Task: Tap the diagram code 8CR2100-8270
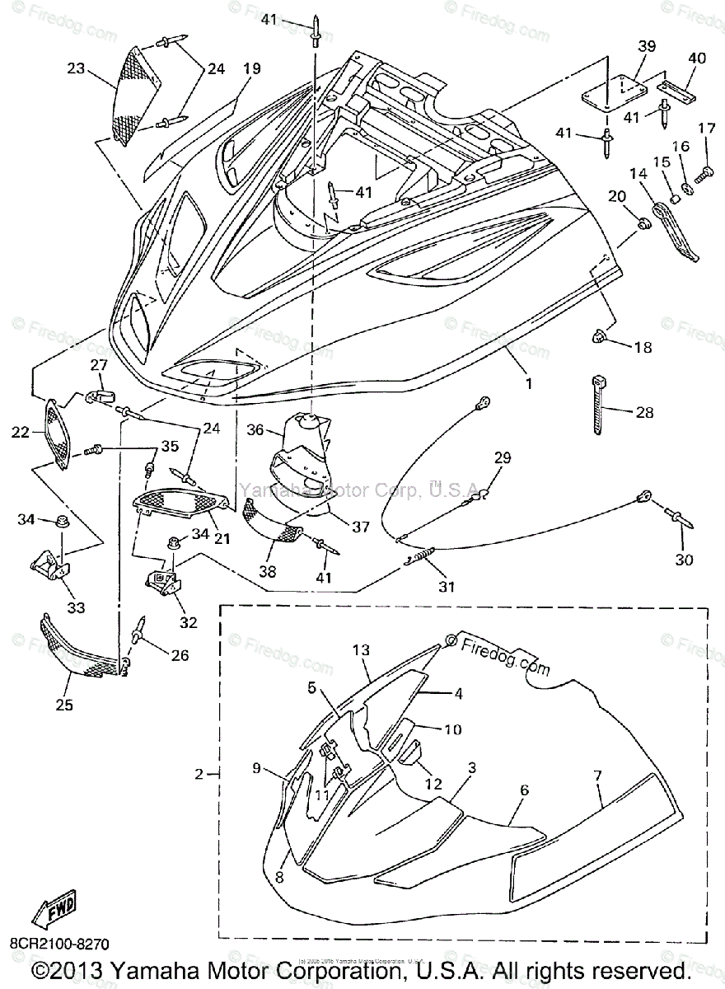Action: point(59,943)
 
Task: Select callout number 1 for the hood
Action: point(529,384)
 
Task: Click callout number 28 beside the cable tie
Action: point(643,412)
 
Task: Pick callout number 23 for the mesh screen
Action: point(77,70)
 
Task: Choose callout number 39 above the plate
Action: point(646,46)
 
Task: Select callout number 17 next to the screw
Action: point(707,128)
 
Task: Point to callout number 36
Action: point(256,429)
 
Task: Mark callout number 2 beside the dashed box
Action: point(199,774)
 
